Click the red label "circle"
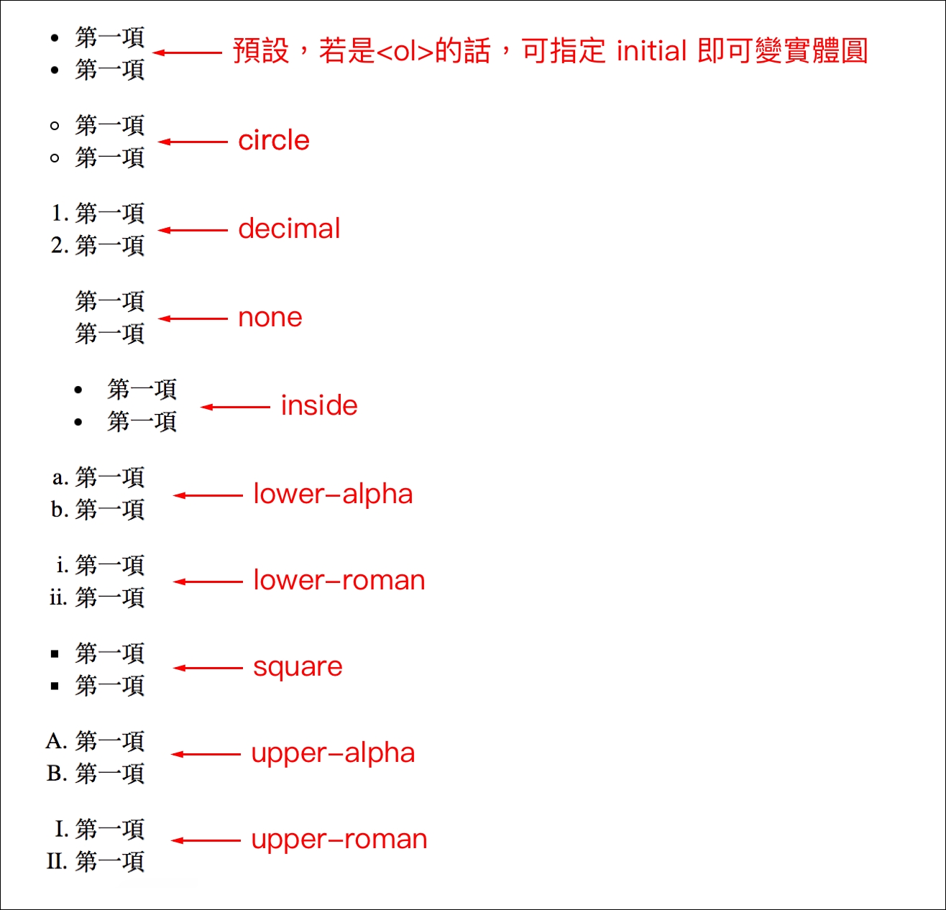coord(274,141)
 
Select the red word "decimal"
coord(289,229)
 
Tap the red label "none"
coord(270,318)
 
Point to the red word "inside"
coord(319,406)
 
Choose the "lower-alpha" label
coord(333,495)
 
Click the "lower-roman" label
coord(339,581)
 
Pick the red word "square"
coord(298,668)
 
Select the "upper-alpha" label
coord(333,753)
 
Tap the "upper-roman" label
coord(339,840)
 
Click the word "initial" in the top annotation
coord(652,52)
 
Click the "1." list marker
coord(60,213)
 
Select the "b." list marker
coord(60,510)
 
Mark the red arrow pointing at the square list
coord(208,668)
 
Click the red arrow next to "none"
coord(193,318)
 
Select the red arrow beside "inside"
coord(235,407)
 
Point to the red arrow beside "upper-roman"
coord(206,840)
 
